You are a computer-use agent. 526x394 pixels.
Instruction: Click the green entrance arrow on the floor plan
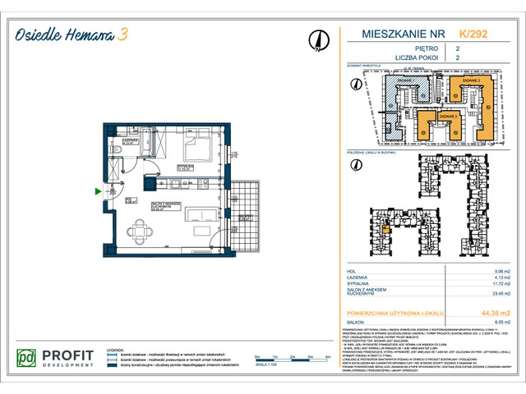tap(99, 192)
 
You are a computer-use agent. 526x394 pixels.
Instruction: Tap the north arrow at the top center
tap(315, 39)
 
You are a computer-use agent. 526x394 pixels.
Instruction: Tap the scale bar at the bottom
tap(284, 358)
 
